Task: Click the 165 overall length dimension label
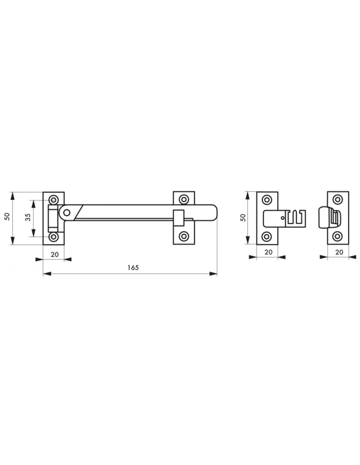coord(133,267)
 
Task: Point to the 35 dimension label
coord(28,217)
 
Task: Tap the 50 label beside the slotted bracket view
coord(243,218)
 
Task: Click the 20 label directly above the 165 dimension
coord(55,254)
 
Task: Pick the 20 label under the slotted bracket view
coord(268,252)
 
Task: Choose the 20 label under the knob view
coord(339,252)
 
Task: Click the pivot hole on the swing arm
coord(67,213)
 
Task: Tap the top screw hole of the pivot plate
coord(54,199)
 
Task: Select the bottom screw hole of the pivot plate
coord(54,237)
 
